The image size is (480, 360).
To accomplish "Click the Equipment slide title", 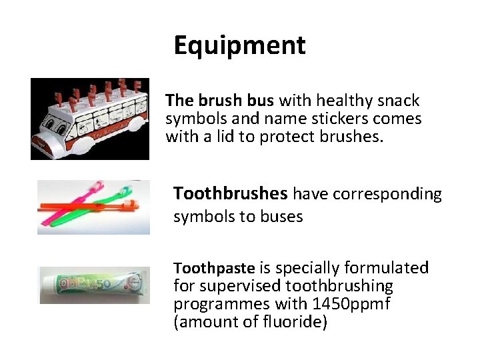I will point(239,45).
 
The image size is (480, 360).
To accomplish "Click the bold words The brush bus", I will point(219,101).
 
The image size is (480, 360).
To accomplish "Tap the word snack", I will point(397,101).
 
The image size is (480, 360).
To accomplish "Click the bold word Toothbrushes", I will point(230,194).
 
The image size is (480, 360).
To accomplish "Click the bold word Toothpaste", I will point(214,268).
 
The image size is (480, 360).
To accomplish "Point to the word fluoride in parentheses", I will point(291,323).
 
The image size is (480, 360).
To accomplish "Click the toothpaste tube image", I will point(93,285).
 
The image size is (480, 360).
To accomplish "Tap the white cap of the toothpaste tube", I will point(141,283).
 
